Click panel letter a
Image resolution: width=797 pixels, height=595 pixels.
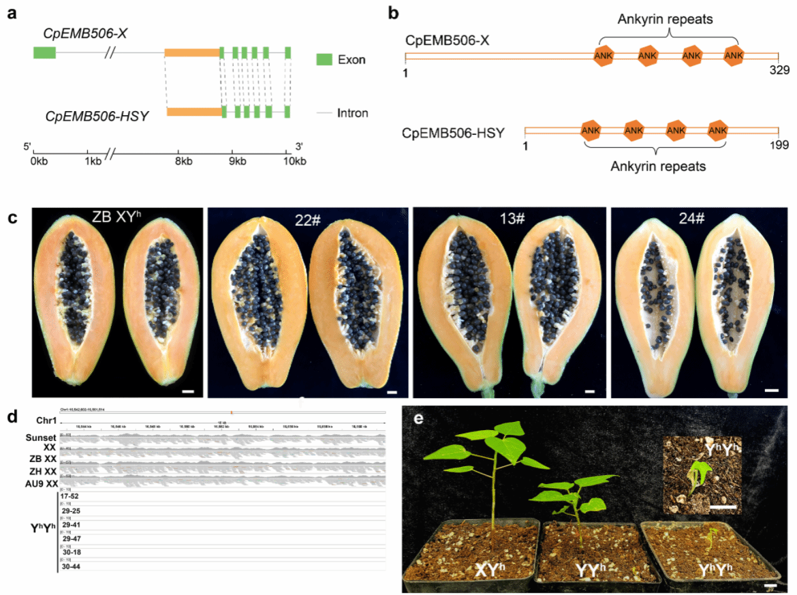pos(12,13)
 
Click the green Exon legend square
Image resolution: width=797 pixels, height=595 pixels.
pos(324,59)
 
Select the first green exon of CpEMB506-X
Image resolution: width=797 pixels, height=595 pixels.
pos(44,52)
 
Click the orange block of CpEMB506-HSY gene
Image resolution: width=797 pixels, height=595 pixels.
pos(194,112)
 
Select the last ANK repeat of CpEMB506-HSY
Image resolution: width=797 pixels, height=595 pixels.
pos(717,130)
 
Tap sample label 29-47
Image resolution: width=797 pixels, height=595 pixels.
pos(72,538)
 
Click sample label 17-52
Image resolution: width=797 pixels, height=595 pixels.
pos(72,495)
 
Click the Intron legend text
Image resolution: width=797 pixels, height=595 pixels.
pos(353,112)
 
